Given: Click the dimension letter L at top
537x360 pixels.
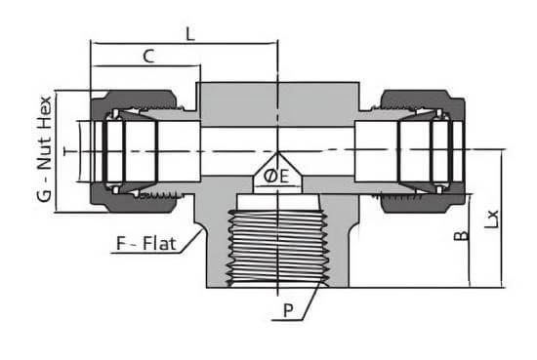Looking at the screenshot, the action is [x=190, y=34].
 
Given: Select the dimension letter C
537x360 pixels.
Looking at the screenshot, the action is [x=148, y=57].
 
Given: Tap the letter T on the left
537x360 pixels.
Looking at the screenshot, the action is [x=69, y=151].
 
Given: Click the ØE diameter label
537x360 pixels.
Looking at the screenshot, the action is [x=276, y=177].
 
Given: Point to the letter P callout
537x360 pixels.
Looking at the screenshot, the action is [x=288, y=310].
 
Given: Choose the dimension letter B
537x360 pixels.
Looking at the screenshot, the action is [x=461, y=235].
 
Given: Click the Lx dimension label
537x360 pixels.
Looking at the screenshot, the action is [x=491, y=219].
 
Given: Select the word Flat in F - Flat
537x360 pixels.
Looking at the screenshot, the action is [x=159, y=244].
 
